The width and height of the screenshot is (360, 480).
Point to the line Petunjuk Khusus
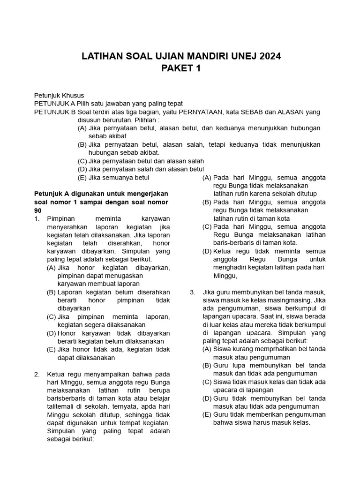[59, 95]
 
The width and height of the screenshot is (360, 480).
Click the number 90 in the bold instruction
[38, 210]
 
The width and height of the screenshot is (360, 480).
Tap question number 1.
[37, 218]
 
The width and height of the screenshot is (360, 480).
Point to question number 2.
[37, 374]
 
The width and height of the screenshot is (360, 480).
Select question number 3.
[193, 292]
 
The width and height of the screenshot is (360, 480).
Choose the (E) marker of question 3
[207, 414]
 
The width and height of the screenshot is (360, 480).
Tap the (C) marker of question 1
[51, 316]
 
